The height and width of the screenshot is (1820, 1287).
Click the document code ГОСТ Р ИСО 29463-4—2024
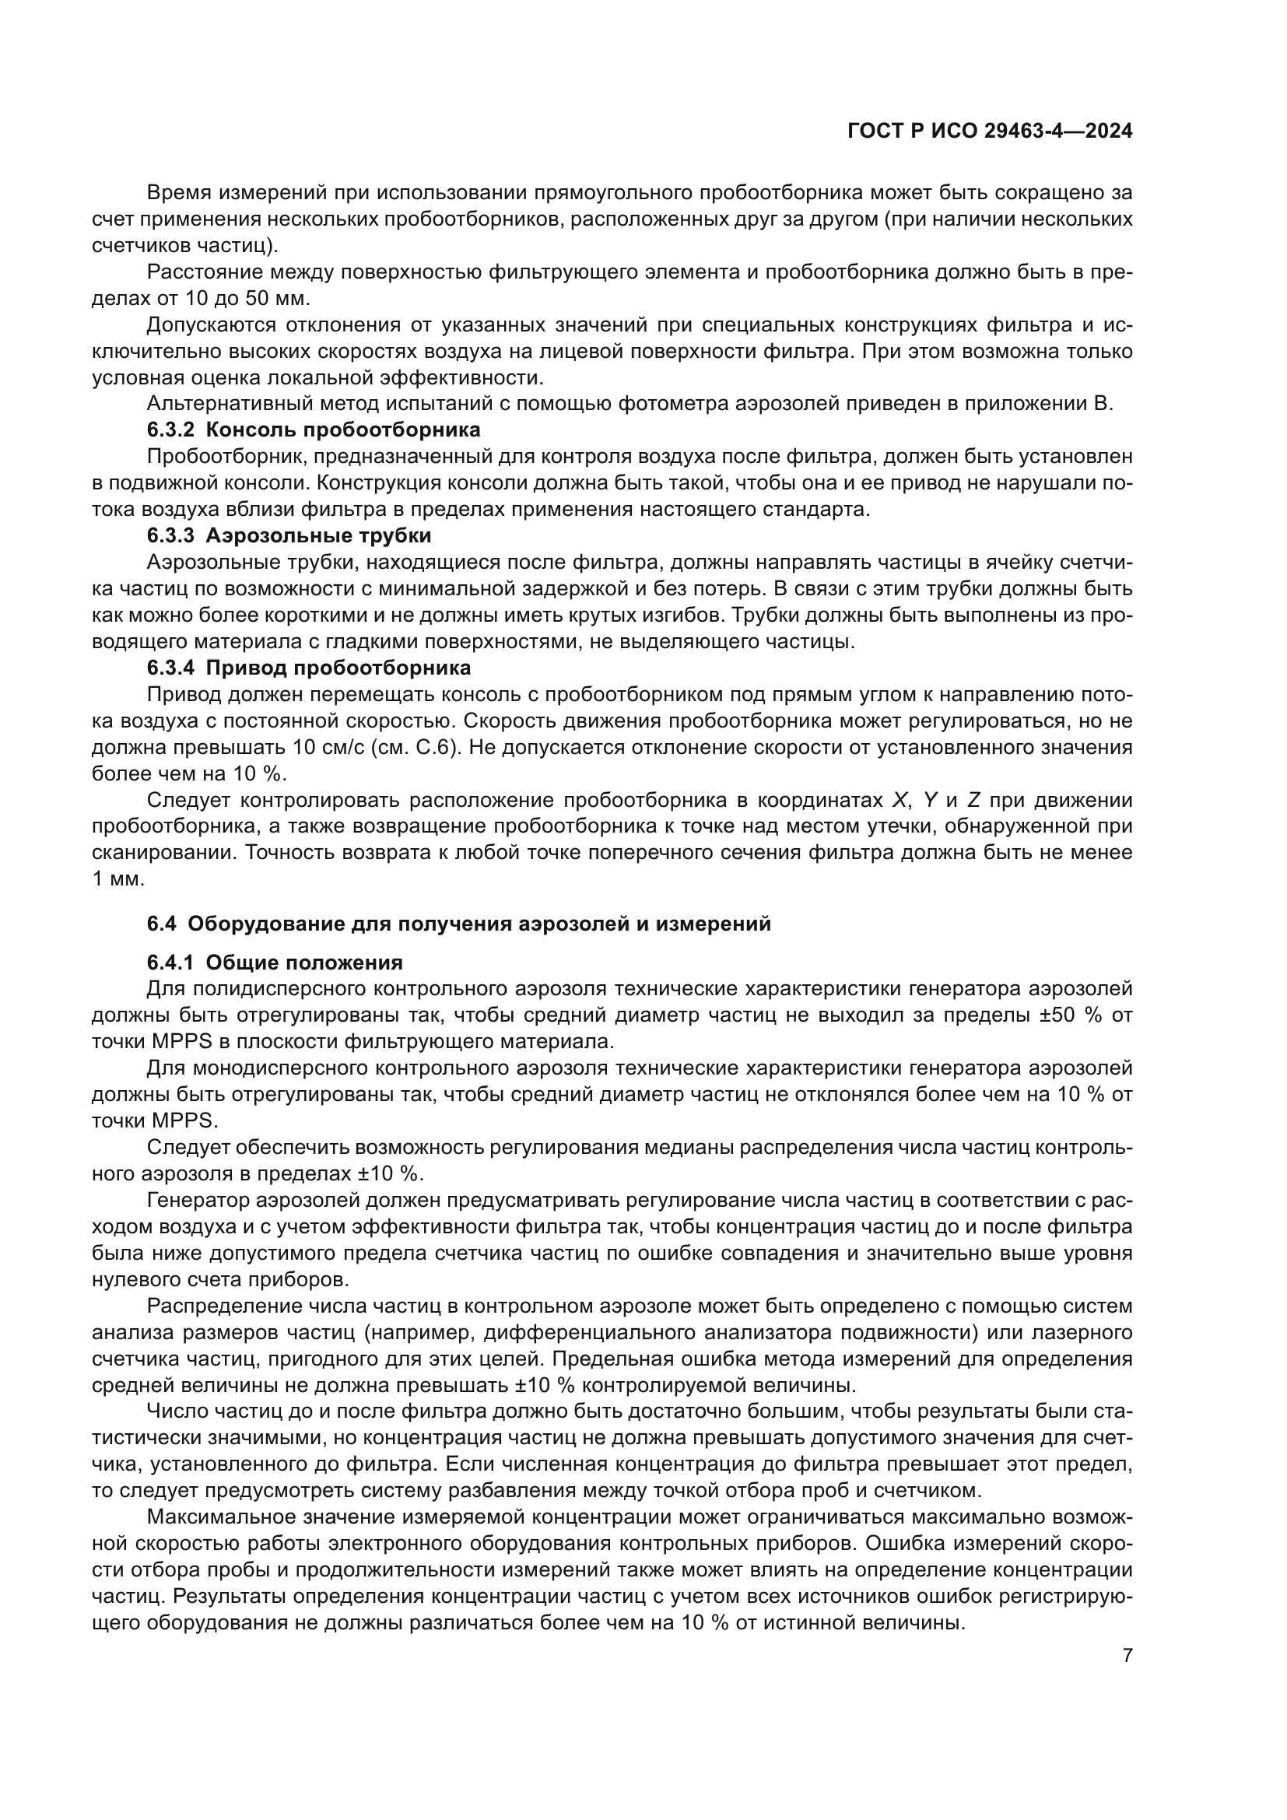(x=989, y=131)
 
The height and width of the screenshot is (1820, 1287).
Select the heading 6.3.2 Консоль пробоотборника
(x=314, y=430)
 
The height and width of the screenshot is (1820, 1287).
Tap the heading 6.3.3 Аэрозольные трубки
(x=289, y=535)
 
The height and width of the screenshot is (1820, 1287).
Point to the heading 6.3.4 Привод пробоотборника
(x=309, y=668)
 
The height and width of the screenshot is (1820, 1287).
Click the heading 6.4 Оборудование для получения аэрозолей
(x=459, y=924)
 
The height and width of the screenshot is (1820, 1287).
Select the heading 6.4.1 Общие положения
(x=275, y=963)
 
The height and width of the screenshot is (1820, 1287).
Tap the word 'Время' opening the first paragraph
(x=179, y=193)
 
